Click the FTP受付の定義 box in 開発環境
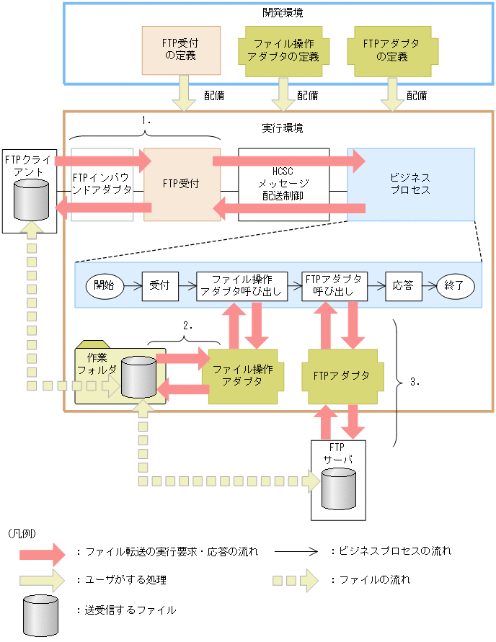coord(181,51)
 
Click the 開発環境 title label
coord(278,12)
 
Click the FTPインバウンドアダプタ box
coord(102,184)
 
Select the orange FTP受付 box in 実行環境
coord(181,184)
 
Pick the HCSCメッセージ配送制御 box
coord(283,184)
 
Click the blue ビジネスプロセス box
coord(410,184)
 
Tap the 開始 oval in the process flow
coord(104,285)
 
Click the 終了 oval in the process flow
coord(456,285)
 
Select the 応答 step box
coord(403,285)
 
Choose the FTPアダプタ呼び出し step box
coord(334,285)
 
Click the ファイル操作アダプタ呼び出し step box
coord(242,285)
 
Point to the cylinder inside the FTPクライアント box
coord(31,199)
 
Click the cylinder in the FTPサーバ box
coord(338,489)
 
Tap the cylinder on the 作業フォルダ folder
coord(138,376)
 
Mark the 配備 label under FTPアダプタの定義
coord(417,95)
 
